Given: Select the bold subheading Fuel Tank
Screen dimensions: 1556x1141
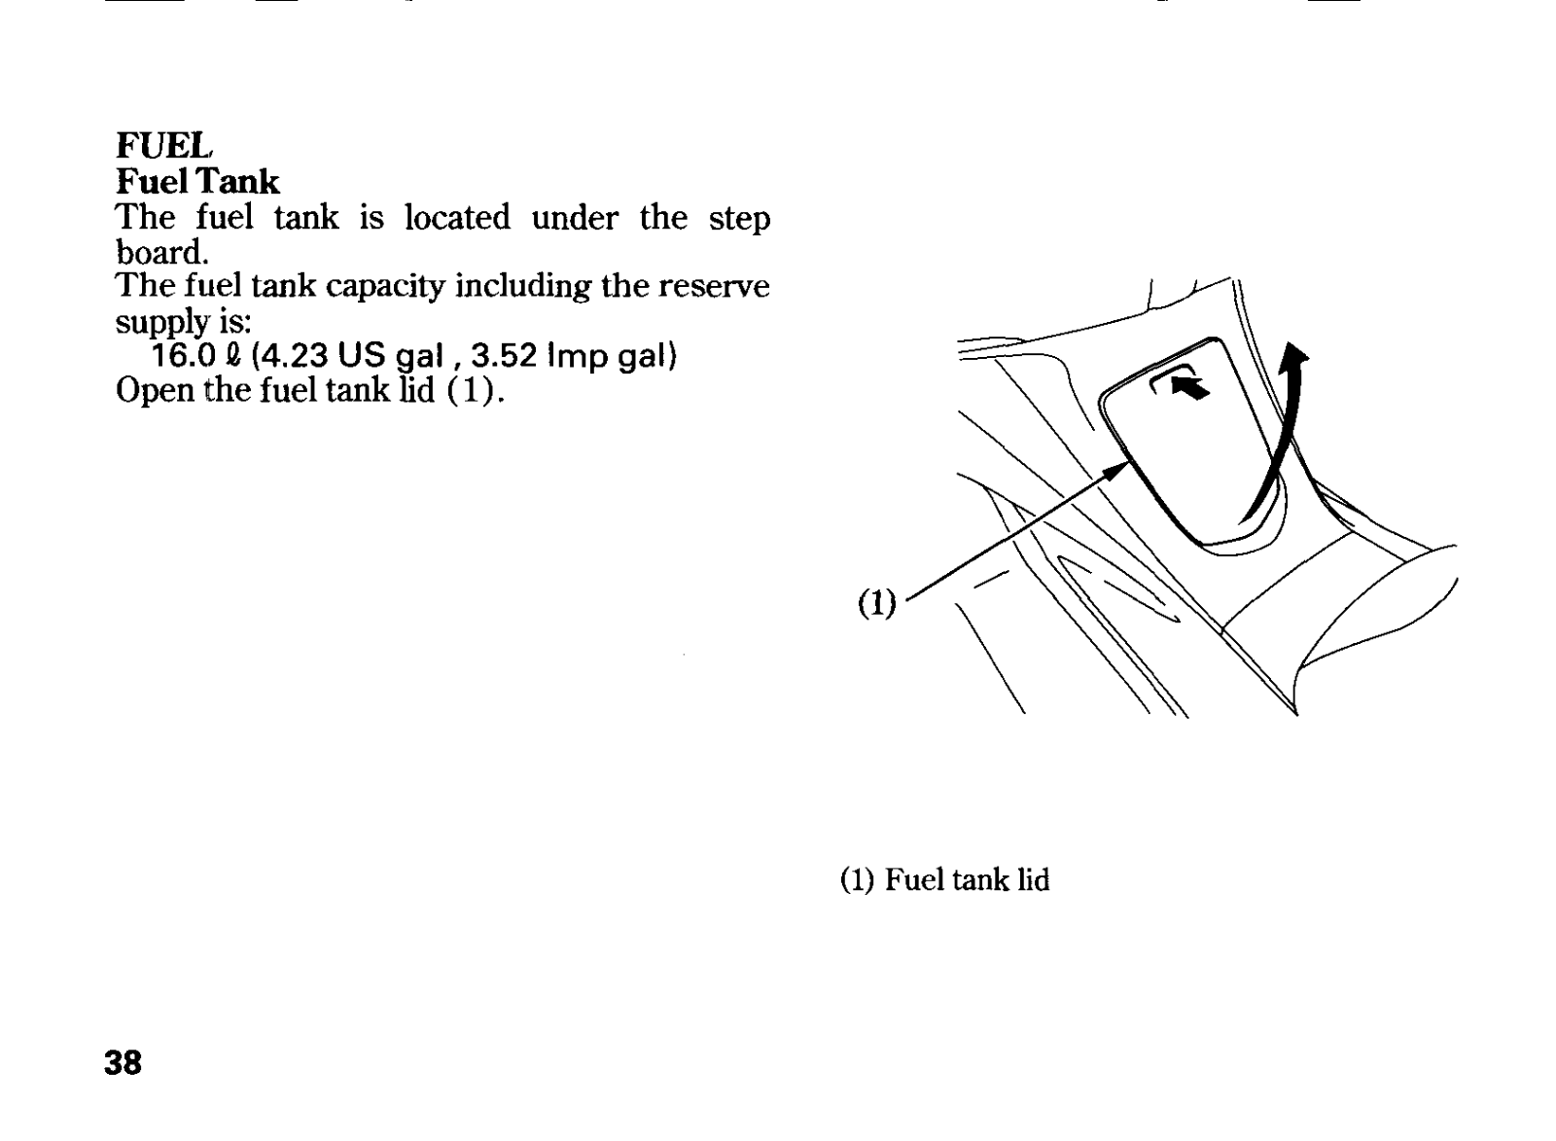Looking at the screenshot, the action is [197, 182].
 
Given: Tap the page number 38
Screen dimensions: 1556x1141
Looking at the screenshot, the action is [123, 1062].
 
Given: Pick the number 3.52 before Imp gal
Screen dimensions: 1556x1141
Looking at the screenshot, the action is [503, 356].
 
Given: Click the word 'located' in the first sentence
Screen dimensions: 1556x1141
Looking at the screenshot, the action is [456, 218].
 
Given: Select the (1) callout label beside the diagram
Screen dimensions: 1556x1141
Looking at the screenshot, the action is [876, 604].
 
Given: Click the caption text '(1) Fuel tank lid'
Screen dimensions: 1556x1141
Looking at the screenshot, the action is [944, 880].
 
